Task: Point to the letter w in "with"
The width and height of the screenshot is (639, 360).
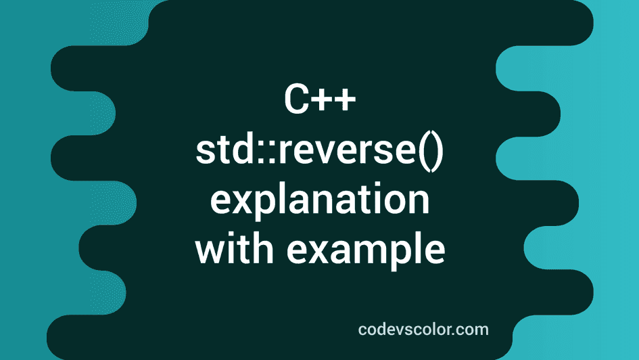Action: (x=209, y=251)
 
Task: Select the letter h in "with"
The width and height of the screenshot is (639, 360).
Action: (x=262, y=248)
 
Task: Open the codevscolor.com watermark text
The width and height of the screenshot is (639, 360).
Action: (x=423, y=330)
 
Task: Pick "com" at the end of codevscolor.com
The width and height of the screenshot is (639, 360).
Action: (x=475, y=330)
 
